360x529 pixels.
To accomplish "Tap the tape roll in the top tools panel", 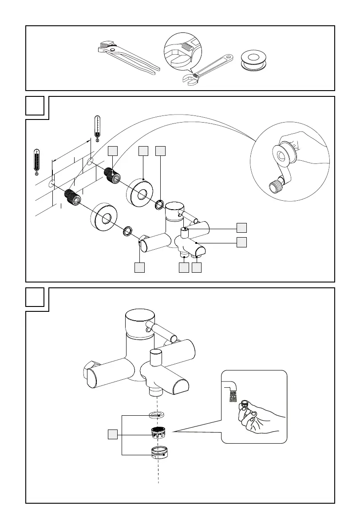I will (x=255, y=60).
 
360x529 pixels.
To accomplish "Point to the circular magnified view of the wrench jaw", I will (x=182, y=51).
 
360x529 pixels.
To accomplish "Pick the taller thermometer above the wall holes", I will (x=97, y=128).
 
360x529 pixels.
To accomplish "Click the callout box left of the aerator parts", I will (x=113, y=435).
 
